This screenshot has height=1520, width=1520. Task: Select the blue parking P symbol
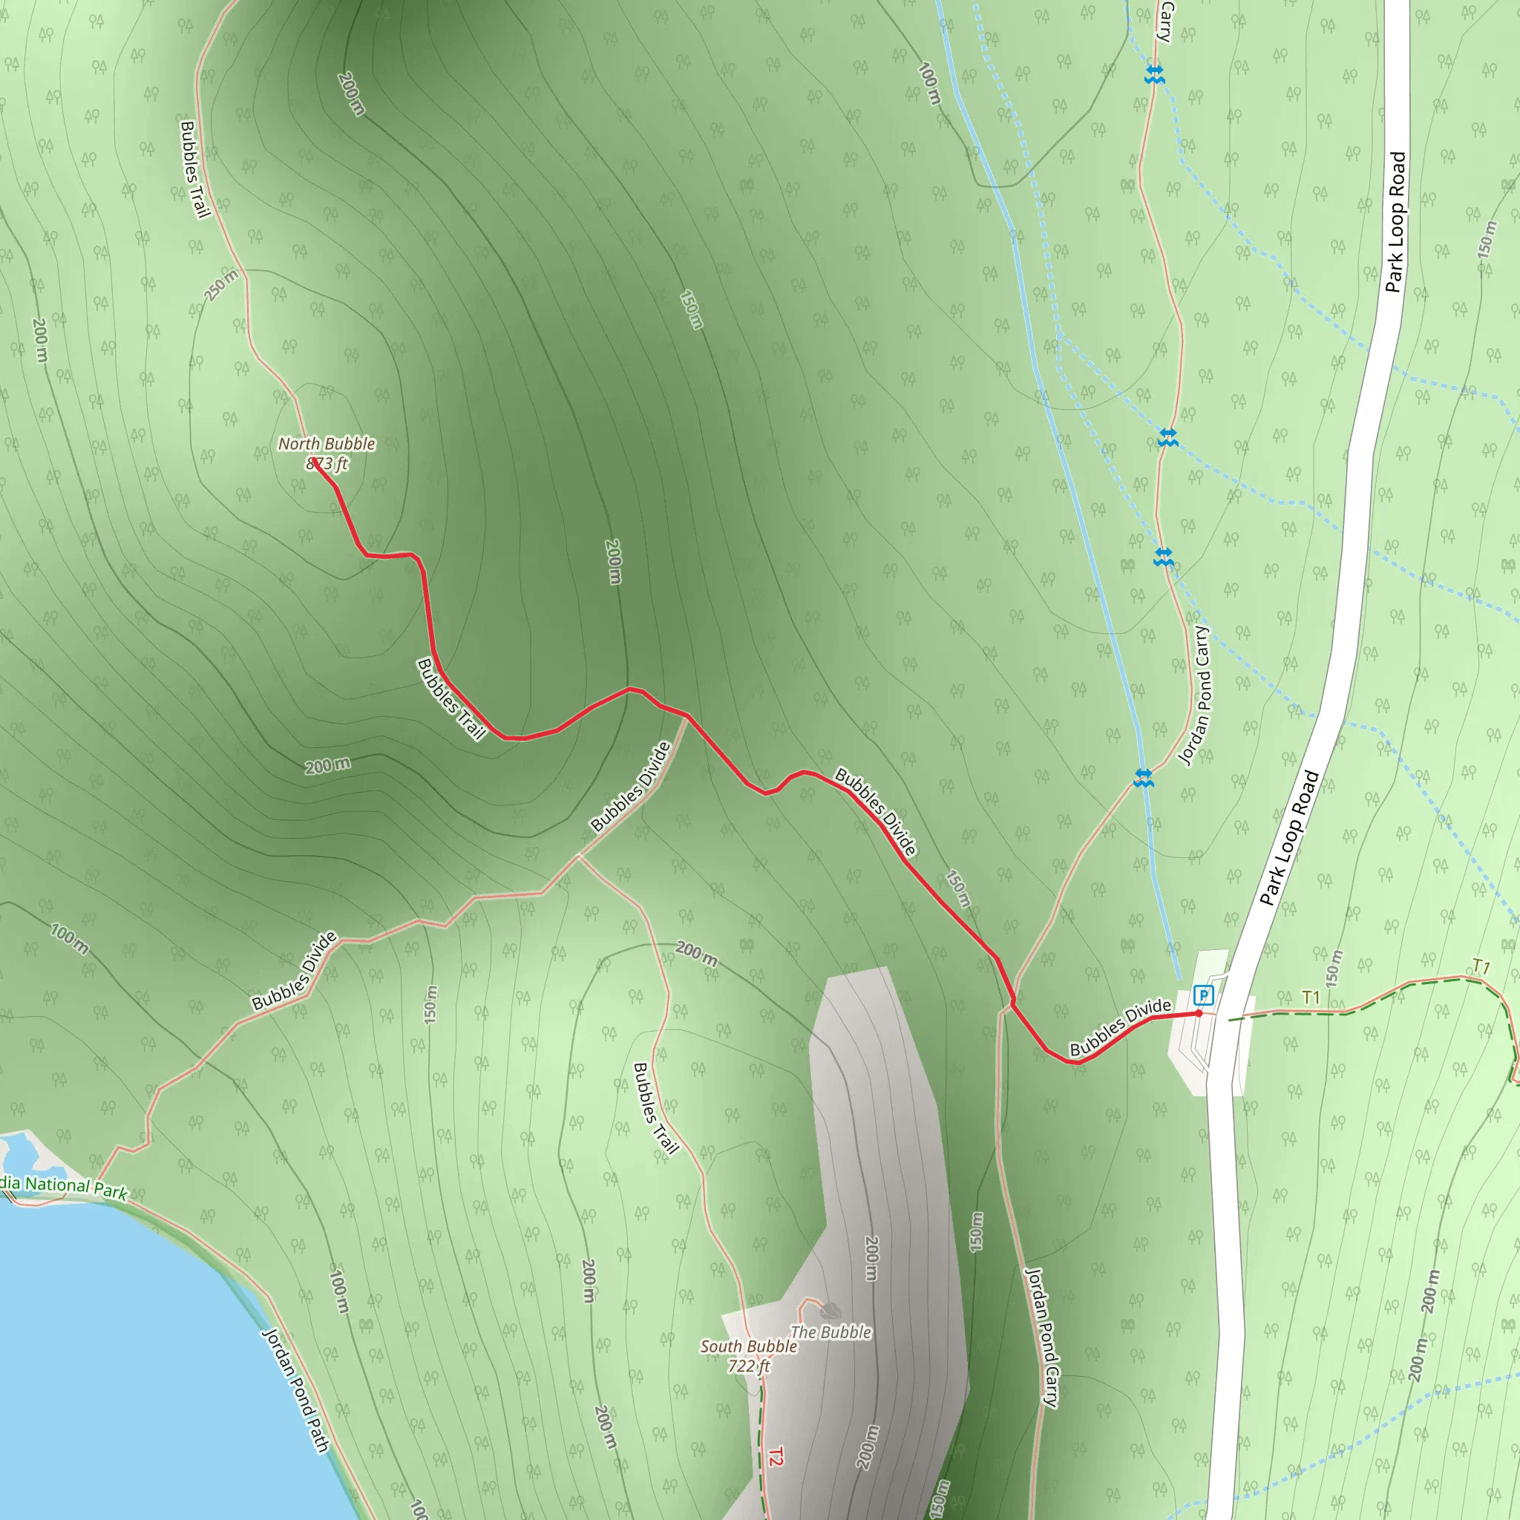pyautogui.click(x=1203, y=995)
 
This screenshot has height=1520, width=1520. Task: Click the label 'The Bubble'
pyautogui.click(x=830, y=1332)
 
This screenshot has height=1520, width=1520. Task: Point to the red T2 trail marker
pyautogui.click(x=775, y=1456)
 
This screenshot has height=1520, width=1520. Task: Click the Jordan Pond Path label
pyautogui.click(x=295, y=1390)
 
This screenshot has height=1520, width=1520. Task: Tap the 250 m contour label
pyautogui.click(x=221, y=286)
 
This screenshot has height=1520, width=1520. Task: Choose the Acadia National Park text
pyautogui.click(x=63, y=1187)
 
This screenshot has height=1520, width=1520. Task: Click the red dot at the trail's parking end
pyautogui.click(x=1198, y=1013)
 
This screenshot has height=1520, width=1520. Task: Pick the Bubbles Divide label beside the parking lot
pyautogui.click(x=1119, y=1026)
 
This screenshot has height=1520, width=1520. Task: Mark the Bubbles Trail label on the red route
pyautogui.click(x=451, y=698)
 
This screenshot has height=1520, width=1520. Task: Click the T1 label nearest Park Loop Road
pyautogui.click(x=1311, y=997)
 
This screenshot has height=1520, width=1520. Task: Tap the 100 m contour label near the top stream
pyautogui.click(x=929, y=84)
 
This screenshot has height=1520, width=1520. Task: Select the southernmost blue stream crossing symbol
pyautogui.click(x=1143, y=778)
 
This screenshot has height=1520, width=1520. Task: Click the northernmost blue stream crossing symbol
pyautogui.click(x=1154, y=75)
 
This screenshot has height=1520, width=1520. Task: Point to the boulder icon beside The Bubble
pyautogui.click(x=829, y=1311)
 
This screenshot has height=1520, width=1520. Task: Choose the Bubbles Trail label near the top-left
pyautogui.click(x=194, y=169)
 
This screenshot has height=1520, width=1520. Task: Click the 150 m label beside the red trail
pyautogui.click(x=957, y=889)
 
